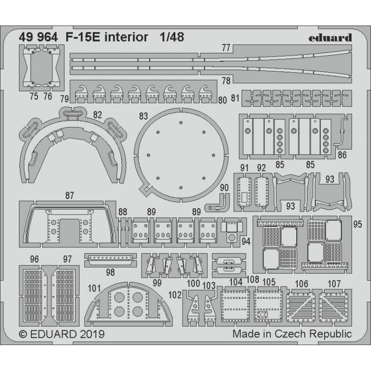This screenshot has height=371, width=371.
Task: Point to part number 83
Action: click(143, 115)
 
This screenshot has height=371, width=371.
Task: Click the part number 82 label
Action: click(97, 114)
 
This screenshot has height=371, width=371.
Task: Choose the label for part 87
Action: click(70, 196)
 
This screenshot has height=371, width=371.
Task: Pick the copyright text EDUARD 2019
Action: click(62, 334)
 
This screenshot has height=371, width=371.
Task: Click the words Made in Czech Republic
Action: click(292, 334)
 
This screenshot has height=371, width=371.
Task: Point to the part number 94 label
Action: click(246, 240)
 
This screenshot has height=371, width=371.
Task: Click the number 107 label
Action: click(333, 283)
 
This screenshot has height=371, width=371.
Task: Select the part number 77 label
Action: click(226, 48)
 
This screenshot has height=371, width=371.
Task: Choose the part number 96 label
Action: click(34, 259)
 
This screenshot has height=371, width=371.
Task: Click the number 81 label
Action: click(235, 98)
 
